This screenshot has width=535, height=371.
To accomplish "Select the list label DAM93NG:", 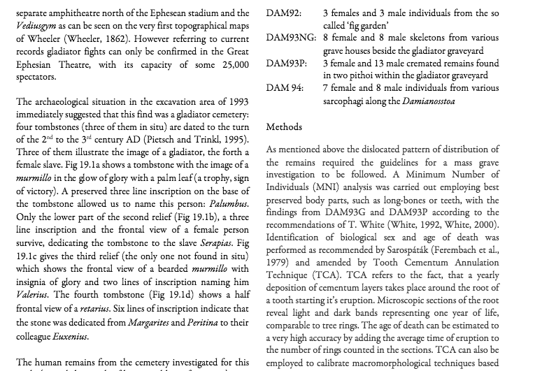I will (291, 38).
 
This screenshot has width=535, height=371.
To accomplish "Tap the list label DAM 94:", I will (285, 88).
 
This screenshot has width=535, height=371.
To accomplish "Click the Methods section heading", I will (284, 126).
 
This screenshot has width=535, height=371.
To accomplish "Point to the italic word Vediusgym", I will (35, 25).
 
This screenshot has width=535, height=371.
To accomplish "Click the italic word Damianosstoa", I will (429, 101).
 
